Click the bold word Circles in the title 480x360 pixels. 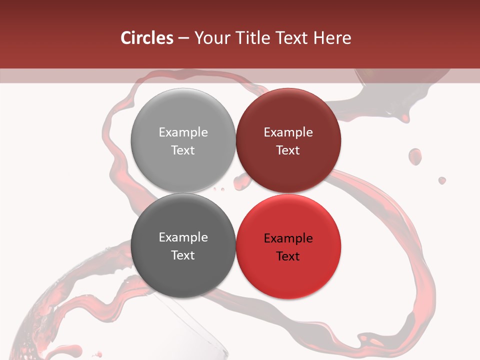[147, 38]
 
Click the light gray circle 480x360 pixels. [183, 140]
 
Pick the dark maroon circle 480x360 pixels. [288, 140]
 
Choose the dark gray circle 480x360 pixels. [183, 246]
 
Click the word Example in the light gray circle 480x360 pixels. [183, 132]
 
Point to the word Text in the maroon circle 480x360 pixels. [288, 150]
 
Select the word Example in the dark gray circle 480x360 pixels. [183, 237]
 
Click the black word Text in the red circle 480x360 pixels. [288, 256]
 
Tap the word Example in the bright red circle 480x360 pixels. [288, 238]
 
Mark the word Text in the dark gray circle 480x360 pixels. [183, 255]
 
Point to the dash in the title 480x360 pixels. [183, 38]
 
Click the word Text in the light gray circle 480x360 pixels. [183, 150]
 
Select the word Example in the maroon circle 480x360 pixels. [288, 132]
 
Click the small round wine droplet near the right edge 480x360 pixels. [442, 180]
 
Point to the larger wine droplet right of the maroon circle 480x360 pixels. [415, 156]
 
